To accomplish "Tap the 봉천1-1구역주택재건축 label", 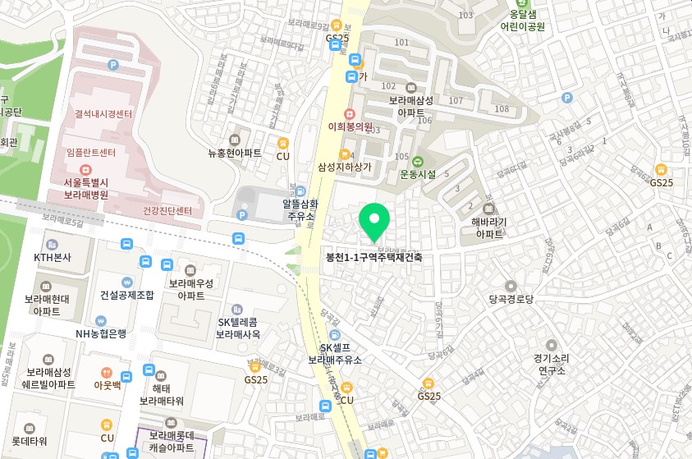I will pyautogui.click(x=374, y=257).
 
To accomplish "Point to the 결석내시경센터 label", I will pyautogui.click(x=103, y=114).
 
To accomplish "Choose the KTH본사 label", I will pyautogui.click(x=53, y=257).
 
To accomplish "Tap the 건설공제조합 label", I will pyautogui.click(x=126, y=295).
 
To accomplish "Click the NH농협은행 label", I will pyautogui.click(x=101, y=333).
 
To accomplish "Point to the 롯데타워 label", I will pyautogui.click(x=30, y=441).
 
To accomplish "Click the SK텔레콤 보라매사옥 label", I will pyautogui.click(x=238, y=328).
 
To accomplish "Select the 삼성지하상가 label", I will pyautogui.click(x=345, y=167).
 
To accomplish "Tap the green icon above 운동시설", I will pyautogui.click(x=418, y=162).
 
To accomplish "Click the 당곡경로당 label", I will pyautogui.click(x=511, y=299).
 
